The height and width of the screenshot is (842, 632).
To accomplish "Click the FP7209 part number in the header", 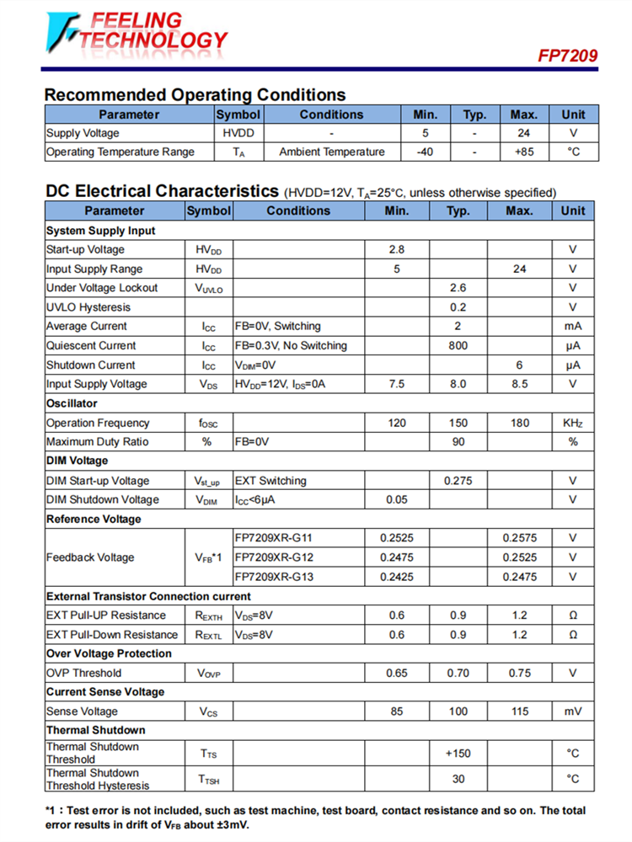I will (x=568, y=56).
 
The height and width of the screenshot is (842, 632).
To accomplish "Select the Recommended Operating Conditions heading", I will (x=195, y=95).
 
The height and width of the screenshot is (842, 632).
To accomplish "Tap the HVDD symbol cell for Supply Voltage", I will (x=238, y=133).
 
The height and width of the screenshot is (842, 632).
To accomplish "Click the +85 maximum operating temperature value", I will (x=524, y=152).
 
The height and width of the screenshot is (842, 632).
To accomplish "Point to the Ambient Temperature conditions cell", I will (x=331, y=152).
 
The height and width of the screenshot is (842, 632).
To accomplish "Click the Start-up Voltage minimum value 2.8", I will (x=397, y=249).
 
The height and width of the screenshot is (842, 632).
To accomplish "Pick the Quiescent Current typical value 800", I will (x=458, y=345).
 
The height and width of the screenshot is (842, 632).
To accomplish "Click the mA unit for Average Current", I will (x=573, y=326).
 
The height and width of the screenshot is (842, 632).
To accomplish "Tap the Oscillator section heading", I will (x=72, y=403).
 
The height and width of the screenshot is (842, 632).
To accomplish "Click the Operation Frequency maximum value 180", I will (x=520, y=423).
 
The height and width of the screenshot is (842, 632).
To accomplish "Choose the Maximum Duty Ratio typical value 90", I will (x=458, y=442).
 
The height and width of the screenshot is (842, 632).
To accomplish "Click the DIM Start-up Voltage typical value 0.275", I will (x=458, y=481).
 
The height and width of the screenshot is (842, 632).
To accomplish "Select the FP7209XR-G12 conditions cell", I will (x=274, y=557).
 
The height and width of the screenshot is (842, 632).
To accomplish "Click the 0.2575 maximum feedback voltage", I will (x=520, y=538).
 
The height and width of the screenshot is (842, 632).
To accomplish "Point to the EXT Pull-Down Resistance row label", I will (x=112, y=635).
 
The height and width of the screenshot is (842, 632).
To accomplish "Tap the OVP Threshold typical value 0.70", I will (x=458, y=673).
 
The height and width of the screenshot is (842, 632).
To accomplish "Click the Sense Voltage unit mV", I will (x=573, y=711).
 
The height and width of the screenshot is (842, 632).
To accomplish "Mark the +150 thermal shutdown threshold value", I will (x=458, y=753).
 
